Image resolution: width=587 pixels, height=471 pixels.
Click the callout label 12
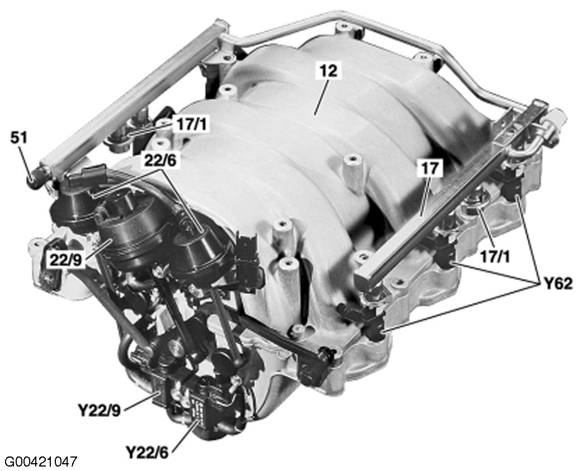tap(329, 71)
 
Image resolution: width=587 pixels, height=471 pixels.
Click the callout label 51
tap(18, 138)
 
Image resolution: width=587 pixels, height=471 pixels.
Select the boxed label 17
tap(430, 168)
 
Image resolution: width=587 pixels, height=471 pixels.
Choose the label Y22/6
tap(147, 453)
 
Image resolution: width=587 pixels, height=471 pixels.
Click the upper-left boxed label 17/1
tap(191, 125)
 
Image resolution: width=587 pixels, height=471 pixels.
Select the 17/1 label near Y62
tap(495, 257)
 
